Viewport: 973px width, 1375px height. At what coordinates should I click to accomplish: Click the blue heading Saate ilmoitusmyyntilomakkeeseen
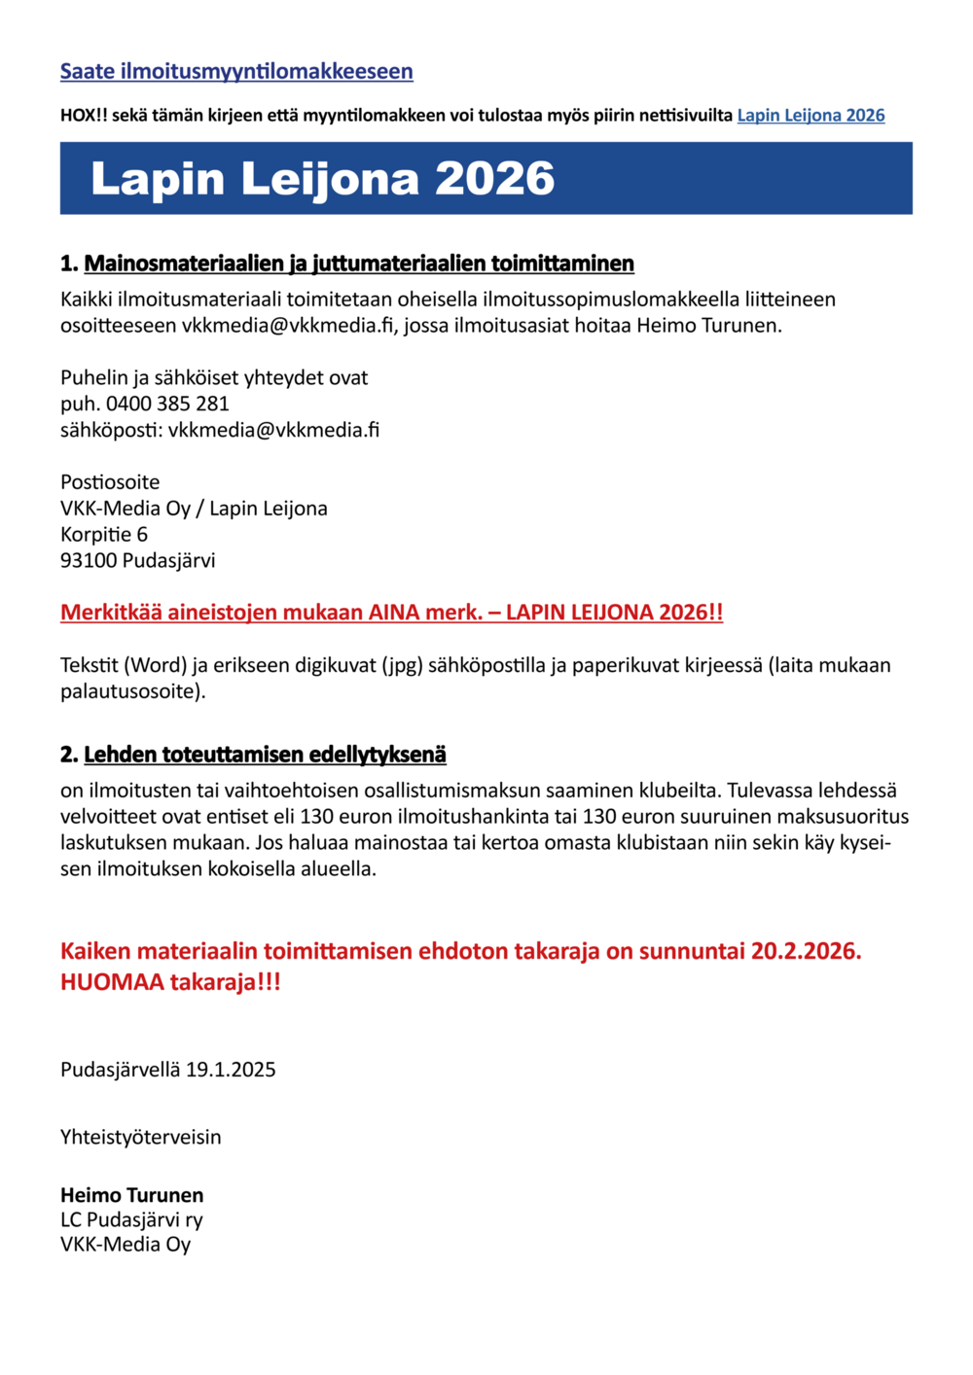tap(236, 71)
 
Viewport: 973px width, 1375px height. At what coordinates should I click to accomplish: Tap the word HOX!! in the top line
tap(84, 116)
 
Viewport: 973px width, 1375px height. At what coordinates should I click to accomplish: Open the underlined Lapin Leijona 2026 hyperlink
tap(811, 116)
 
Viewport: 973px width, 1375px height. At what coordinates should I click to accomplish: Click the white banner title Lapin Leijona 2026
tap(322, 179)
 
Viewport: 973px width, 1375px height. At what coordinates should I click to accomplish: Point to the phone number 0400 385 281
tap(167, 404)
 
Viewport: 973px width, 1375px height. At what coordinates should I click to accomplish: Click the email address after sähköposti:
tap(273, 430)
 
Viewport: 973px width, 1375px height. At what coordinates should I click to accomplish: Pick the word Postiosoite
tap(110, 482)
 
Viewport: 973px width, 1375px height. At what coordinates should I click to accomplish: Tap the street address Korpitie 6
tap(104, 534)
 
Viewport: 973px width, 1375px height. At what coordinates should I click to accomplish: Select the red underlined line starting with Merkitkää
tap(391, 613)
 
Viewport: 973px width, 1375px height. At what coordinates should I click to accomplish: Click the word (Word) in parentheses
tap(154, 665)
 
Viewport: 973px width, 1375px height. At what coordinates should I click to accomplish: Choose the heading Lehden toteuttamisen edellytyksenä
tap(265, 755)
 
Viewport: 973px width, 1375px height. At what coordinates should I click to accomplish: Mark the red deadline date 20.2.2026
tap(806, 951)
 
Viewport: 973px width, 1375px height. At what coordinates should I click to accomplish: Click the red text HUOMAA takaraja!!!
tap(170, 982)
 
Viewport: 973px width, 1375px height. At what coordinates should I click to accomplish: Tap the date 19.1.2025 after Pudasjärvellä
tap(231, 1070)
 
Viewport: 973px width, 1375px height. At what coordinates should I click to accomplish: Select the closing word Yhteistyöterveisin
tap(141, 1137)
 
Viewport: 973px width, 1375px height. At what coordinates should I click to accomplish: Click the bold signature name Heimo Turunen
tap(132, 1195)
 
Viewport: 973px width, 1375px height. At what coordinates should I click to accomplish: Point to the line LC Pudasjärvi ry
tap(131, 1219)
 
